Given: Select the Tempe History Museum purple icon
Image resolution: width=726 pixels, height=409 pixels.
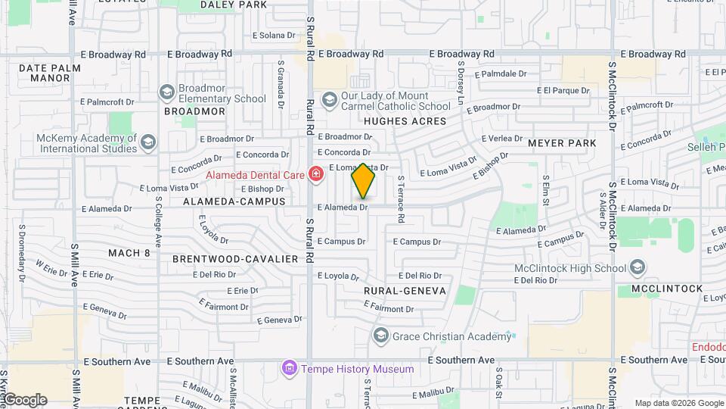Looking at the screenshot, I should (x=289, y=369).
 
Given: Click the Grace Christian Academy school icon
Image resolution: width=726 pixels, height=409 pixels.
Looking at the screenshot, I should (x=380, y=336).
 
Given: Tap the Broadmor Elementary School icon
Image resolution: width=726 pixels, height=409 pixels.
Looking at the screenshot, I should (x=166, y=92).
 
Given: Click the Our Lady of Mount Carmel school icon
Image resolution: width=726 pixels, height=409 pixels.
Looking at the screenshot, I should (x=329, y=100).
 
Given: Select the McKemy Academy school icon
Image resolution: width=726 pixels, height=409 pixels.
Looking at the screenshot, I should (x=148, y=142).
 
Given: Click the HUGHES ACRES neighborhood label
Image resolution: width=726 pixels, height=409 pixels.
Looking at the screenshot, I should (x=405, y=120).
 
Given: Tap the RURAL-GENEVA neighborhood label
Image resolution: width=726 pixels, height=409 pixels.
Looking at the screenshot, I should (x=405, y=291).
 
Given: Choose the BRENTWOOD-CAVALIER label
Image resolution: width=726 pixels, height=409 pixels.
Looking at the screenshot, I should (x=235, y=259).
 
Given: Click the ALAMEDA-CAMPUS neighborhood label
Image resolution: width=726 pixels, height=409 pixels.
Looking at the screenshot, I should (x=234, y=201).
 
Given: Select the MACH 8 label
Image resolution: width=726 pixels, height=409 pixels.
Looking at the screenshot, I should (x=129, y=253).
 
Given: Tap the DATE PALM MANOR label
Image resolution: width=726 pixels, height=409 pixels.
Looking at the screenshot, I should (x=49, y=73).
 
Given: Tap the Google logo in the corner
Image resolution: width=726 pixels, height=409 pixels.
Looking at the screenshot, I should (x=24, y=400).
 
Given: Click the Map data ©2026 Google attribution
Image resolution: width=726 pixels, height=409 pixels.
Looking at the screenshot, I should (x=678, y=404).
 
